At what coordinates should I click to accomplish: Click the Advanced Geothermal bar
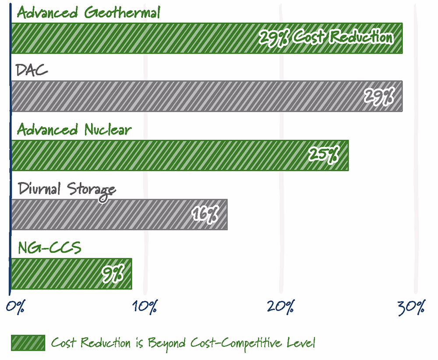207,38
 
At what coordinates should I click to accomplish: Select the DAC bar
207,96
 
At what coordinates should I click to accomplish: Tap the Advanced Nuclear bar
180,155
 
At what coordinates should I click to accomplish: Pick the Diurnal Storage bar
119,215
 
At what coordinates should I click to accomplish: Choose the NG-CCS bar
71,274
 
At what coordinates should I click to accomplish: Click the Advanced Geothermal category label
88,13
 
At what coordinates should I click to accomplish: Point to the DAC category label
32,70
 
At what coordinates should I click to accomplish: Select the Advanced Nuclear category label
74,130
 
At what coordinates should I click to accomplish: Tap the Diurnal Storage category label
67,190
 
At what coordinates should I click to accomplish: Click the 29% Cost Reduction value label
326,37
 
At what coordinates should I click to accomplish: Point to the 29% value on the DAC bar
379,96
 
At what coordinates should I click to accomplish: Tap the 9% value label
113,274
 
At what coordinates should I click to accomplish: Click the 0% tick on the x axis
15,307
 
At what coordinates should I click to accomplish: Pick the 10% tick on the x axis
145,307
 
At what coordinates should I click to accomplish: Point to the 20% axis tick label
280,307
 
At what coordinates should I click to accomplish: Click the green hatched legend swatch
28,342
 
